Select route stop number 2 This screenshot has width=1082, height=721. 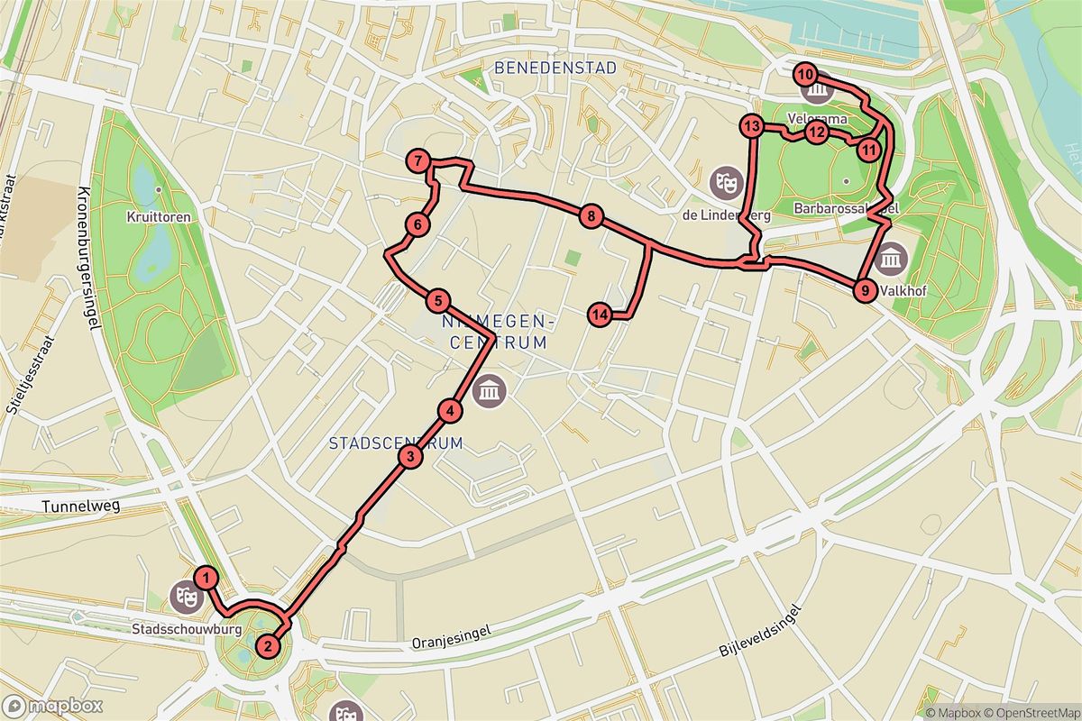tap(267, 645)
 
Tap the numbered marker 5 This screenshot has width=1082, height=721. tap(437, 301)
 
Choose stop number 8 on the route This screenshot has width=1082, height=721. tap(590, 216)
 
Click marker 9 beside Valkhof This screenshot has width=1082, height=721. tap(864, 290)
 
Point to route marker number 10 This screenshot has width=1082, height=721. tap(805, 74)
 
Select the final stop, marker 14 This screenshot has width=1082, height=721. tap(600, 315)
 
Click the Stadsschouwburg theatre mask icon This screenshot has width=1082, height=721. tap(184, 595)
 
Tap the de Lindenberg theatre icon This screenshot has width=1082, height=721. tap(722, 181)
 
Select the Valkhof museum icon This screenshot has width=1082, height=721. tap(891, 259)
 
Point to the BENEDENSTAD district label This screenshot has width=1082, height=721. tap(555, 68)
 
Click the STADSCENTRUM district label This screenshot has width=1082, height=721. tap(396, 443)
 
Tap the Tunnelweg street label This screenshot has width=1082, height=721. tap(80, 507)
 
